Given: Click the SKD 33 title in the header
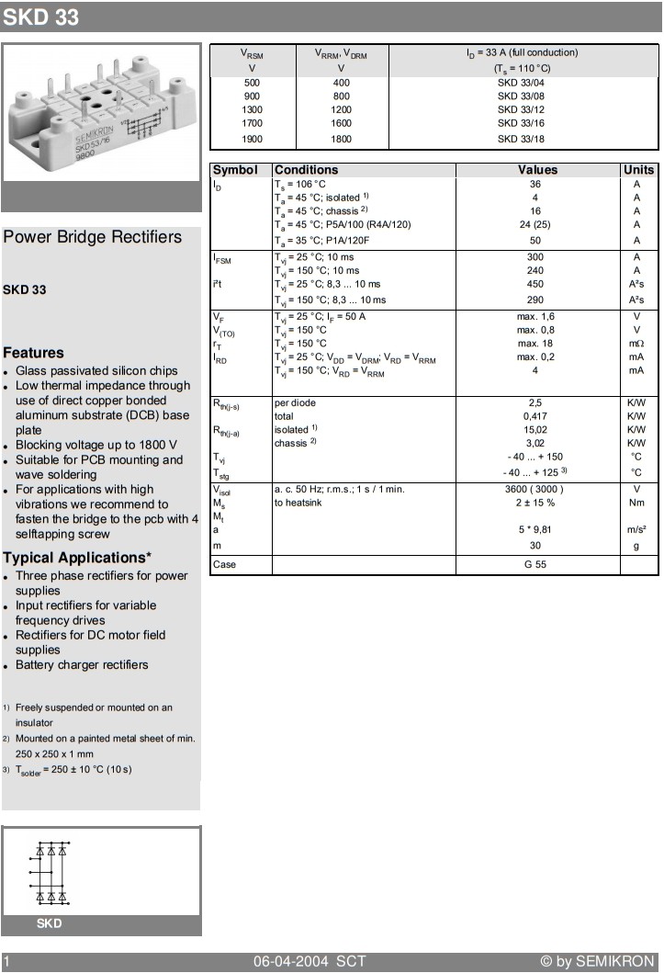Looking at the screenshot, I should (x=41, y=17).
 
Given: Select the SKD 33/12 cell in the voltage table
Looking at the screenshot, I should (x=521, y=108).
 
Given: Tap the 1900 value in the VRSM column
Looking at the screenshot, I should (x=252, y=139).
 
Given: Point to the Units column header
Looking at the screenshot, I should (x=638, y=170).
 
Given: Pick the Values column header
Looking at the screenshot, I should (x=537, y=170).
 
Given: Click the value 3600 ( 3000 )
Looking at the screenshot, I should (x=535, y=490).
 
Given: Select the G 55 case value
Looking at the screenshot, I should (x=535, y=564).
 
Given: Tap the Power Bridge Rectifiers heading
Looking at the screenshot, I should (x=93, y=237).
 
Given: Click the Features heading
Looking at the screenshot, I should (x=33, y=353).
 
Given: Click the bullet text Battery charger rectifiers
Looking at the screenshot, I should (x=82, y=664).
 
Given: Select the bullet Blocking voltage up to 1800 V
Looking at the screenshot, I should (x=96, y=445).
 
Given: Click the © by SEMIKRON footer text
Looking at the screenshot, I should (x=597, y=961).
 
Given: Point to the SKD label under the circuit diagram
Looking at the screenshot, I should (x=50, y=923).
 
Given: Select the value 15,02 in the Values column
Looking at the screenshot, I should (x=535, y=429).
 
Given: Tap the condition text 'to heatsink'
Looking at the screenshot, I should (x=299, y=503).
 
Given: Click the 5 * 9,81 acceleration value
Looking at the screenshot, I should (x=535, y=529).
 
